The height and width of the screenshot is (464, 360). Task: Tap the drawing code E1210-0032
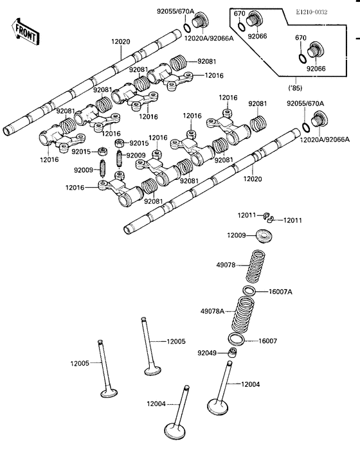pos(330,12)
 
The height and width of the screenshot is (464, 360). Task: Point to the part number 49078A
pos(212,310)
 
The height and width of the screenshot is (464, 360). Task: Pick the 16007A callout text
pos(280,291)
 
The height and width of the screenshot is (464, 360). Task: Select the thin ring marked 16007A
pos(250,291)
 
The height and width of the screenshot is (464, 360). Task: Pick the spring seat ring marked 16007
pos(236,339)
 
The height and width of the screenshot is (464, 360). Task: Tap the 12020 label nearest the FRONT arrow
pos(120,41)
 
